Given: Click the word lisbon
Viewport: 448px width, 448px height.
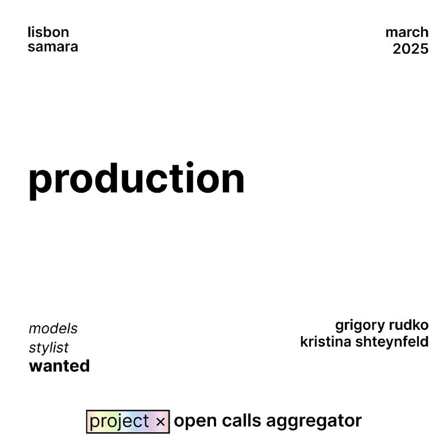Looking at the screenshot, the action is click(48, 32).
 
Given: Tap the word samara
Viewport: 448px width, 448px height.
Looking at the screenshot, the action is click(53, 47).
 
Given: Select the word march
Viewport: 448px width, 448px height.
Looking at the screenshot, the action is click(407, 32).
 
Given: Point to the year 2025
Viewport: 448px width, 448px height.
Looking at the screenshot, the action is click(410, 49).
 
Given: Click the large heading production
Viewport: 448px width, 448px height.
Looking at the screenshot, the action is click(137, 181).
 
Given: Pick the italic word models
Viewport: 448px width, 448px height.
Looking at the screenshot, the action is click(53, 329).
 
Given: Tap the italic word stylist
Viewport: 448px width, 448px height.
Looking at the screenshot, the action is click(49, 348).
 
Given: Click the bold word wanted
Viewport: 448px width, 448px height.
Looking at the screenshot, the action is click(59, 366).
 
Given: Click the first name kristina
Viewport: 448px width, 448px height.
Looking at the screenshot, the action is click(325, 342).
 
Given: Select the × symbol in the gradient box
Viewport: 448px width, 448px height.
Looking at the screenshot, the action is click(161, 422).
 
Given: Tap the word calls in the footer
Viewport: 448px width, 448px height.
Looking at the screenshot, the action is click(241, 421).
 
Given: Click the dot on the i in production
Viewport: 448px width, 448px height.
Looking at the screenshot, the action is click(190, 165).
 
